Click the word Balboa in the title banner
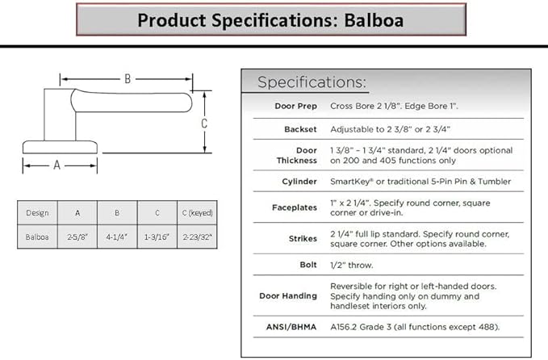coord(374,20)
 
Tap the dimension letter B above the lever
coord(128,79)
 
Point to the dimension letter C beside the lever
coord(204,123)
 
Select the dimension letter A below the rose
coord(57,165)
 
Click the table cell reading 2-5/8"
coord(77,237)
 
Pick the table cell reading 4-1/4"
coord(117,237)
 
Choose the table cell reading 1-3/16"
coord(157,237)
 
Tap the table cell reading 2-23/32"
coord(197,237)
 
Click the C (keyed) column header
coord(197,213)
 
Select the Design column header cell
coord(37,213)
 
